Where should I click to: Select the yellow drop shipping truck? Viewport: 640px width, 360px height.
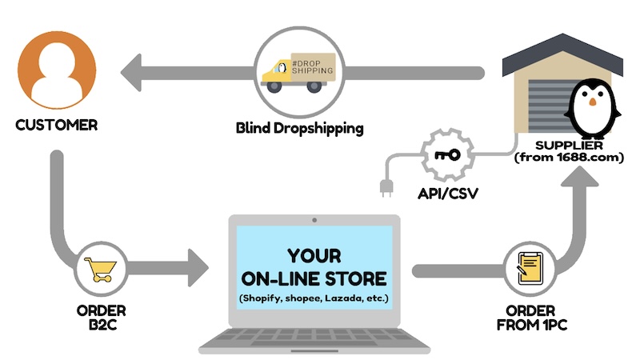(x=299, y=72)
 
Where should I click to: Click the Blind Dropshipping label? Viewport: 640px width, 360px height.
(x=300, y=127)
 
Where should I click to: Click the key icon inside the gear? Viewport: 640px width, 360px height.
(x=442, y=154)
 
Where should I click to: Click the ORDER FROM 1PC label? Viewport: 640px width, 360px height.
(x=533, y=318)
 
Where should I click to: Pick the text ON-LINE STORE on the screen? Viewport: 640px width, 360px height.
(x=314, y=279)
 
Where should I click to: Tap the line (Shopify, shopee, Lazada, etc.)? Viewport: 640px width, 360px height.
(x=314, y=299)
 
